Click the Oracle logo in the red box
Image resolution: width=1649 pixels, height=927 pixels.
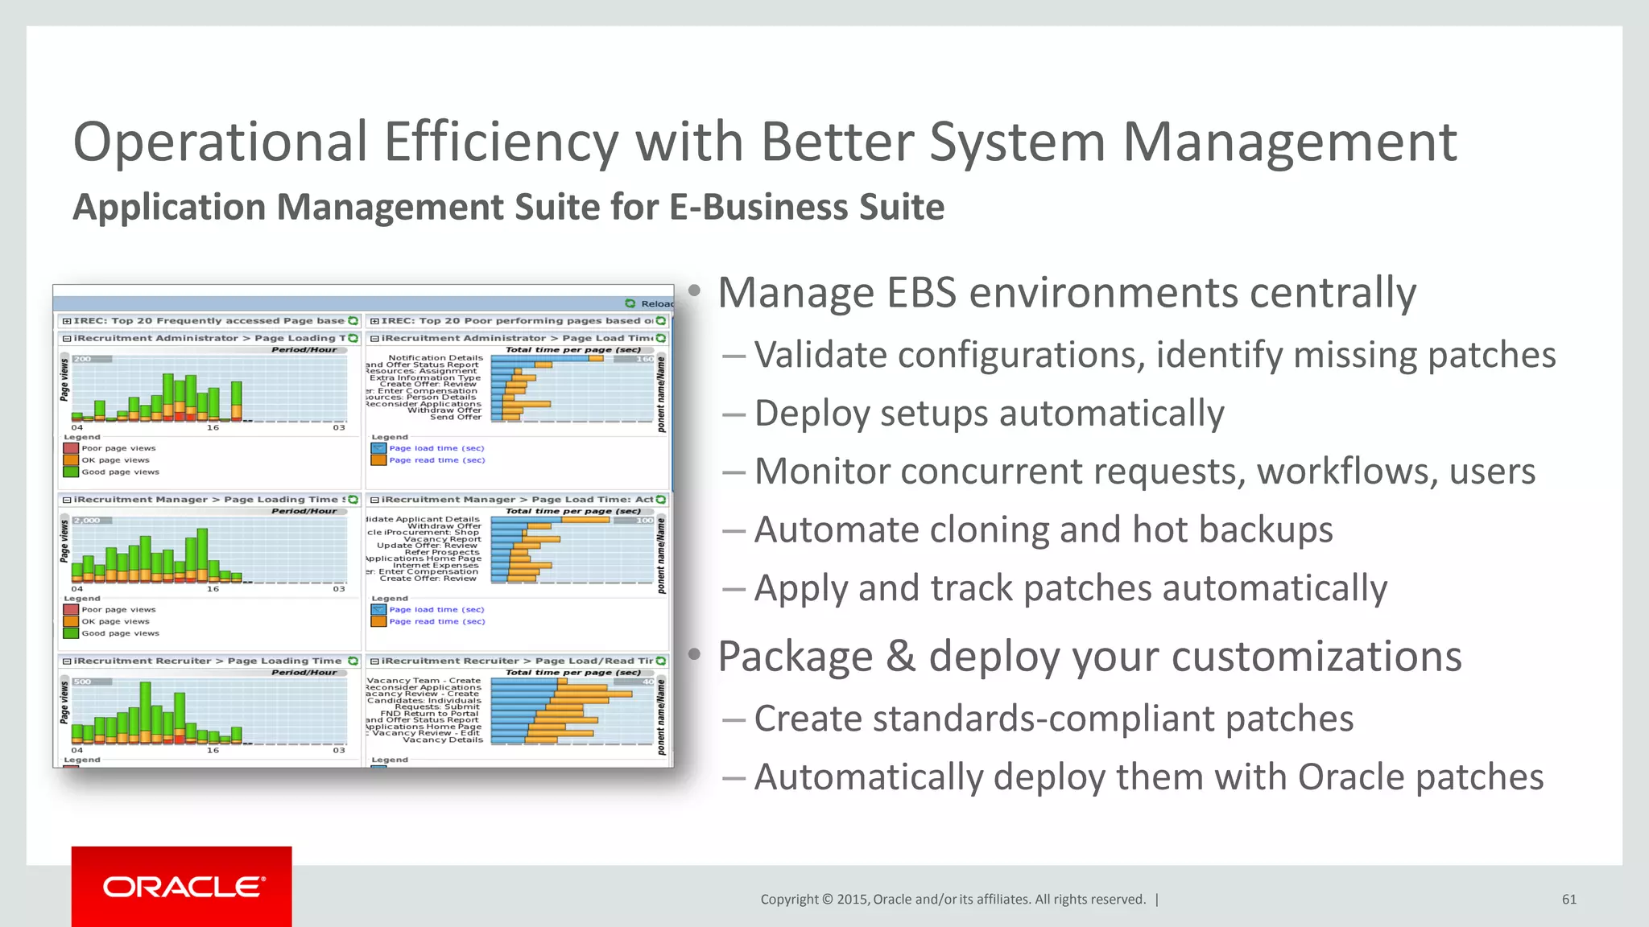pos(182,887)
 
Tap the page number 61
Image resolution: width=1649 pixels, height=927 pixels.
pos(1568,900)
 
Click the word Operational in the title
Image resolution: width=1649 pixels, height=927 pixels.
pos(220,142)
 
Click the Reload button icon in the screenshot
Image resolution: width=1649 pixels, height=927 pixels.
pos(630,303)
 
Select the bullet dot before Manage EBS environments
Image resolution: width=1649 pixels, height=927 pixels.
pos(695,290)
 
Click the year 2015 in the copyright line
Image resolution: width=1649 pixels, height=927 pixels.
pos(852,900)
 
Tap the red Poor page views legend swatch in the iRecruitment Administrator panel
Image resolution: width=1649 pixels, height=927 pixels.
pos(71,448)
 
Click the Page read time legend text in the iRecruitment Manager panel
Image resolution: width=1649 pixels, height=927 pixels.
pos(437,622)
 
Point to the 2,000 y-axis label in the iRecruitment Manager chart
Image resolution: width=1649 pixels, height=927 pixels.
pos(86,521)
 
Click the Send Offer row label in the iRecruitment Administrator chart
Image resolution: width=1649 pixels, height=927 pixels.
pos(456,417)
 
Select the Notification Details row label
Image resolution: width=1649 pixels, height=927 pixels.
pos(436,357)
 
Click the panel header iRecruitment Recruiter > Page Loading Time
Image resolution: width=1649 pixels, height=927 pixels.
pos(208,661)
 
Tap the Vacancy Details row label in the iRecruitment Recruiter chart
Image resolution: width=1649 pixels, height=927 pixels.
pos(443,740)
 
